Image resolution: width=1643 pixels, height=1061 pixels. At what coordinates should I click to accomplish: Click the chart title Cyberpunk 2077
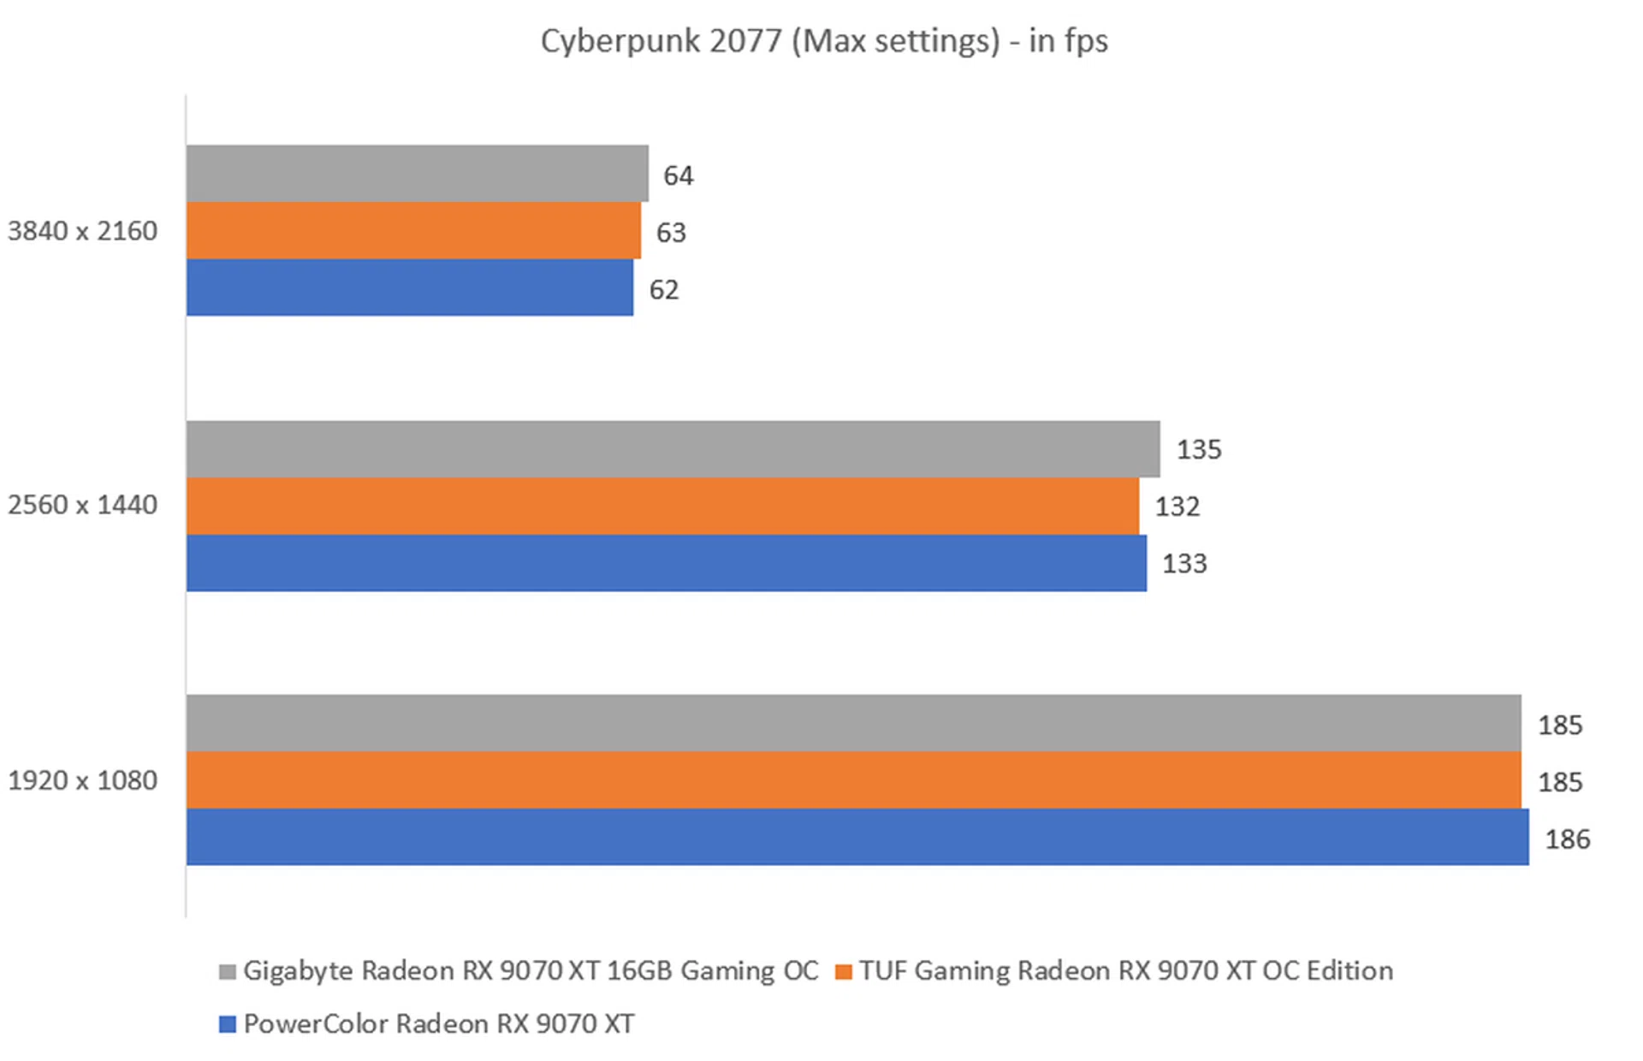[824, 41]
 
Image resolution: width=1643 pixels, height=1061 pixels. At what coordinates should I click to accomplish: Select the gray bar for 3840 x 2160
[417, 174]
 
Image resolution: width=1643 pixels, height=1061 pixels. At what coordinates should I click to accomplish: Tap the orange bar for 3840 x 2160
[413, 231]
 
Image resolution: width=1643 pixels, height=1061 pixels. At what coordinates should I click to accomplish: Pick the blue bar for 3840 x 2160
[410, 287]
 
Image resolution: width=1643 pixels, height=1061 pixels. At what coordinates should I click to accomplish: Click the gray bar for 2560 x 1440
[673, 449]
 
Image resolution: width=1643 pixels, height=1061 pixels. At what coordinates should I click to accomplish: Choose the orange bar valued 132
[662, 506]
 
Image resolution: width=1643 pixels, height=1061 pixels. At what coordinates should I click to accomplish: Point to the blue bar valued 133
[666, 563]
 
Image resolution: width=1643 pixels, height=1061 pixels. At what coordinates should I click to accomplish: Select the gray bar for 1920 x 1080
[853, 723]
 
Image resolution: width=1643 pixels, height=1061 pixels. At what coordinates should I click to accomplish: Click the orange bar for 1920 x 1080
[853, 780]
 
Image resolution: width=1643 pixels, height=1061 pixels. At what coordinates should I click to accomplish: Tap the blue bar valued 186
[857, 837]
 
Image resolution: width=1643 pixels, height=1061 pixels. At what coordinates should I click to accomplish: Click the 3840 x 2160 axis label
[82, 231]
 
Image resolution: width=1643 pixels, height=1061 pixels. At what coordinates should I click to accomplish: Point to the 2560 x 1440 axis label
[82, 505]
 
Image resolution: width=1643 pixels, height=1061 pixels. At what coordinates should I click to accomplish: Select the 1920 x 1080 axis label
[82, 780]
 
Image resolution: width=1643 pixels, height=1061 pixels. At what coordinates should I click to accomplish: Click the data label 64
[679, 175]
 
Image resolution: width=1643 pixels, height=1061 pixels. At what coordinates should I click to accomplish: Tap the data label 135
[1199, 449]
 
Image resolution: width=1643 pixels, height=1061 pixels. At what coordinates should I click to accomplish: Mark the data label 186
[1567, 839]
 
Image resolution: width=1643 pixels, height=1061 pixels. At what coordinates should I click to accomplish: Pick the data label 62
[664, 289]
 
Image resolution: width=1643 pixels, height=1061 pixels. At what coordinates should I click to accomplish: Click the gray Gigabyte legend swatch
[228, 972]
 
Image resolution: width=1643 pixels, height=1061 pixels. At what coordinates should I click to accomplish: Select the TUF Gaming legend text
[1126, 970]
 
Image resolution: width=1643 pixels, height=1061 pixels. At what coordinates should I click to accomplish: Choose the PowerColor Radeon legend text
[439, 1023]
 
